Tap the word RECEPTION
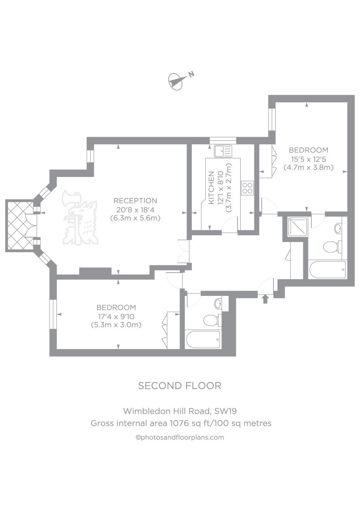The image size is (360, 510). coord(135,201)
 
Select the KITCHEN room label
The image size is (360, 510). coord(211,188)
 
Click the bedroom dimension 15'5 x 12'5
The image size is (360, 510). coord(308,159)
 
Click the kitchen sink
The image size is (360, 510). coord(222,151)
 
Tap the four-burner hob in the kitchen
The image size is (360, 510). coord(247,187)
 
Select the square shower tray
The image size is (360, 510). coord(296,227)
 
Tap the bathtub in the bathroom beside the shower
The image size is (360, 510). coord(327,270)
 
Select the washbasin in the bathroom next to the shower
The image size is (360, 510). coord(338,228)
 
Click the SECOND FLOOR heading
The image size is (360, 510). coord(179,386)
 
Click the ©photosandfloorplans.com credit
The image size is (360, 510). coord(179,437)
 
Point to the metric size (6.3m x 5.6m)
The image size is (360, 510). coord(135,218)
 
